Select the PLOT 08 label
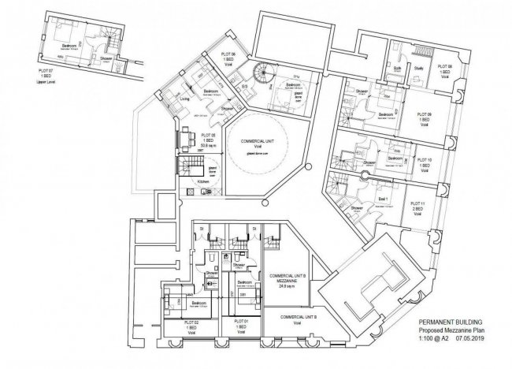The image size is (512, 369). [445, 66]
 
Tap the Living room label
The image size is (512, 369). [186, 99]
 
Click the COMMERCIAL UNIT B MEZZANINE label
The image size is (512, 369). [282, 281]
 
